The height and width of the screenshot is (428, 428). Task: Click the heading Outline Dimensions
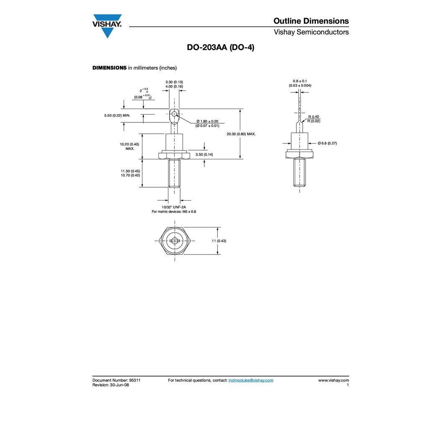point(311,21)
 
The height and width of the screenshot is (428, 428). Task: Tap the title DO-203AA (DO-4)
point(220,48)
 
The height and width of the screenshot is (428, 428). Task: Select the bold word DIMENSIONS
point(109,68)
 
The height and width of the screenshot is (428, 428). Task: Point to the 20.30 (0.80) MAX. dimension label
point(241,134)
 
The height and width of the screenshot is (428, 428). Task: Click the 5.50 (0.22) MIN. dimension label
point(117,115)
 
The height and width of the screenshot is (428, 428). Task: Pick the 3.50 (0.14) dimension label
point(204,155)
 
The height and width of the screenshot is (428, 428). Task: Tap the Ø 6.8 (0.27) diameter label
point(327,143)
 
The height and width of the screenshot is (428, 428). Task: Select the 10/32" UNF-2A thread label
point(174,207)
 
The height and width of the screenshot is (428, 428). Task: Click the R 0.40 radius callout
point(313,117)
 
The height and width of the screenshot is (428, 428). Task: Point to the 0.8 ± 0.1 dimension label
point(300,81)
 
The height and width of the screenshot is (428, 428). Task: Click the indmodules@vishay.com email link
point(251,380)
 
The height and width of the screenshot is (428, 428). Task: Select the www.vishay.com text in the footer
point(333,380)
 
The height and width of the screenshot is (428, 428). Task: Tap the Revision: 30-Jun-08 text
point(110,385)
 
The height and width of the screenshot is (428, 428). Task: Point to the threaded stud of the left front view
point(174,173)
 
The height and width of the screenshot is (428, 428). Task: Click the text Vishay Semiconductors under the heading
point(311,32)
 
